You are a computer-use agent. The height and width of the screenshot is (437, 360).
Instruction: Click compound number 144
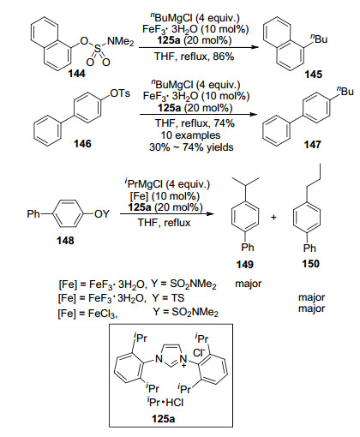point(76,74)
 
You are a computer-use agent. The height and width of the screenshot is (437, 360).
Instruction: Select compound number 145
point(313,75)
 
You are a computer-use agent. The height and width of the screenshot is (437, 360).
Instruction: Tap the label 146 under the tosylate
point(82,143)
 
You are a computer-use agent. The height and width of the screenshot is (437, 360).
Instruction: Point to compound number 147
point(312,144)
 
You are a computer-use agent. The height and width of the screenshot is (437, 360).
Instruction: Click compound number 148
point(65,241)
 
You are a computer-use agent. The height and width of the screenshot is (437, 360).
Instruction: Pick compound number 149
point(245,265)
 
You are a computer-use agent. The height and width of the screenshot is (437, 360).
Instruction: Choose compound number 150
point(310,263)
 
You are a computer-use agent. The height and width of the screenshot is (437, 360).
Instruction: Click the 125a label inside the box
point(164,419)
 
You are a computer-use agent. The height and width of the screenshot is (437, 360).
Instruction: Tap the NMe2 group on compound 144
point(120,42)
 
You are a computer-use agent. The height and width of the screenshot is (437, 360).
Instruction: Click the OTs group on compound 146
point(120,93)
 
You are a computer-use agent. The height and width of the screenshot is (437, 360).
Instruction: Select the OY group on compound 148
point(102,214)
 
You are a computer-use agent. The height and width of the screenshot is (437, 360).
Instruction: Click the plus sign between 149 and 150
point(273,218)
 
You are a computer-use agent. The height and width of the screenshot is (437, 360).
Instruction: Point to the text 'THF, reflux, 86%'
point(195,57)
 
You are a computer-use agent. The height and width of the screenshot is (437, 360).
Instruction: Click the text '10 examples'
point(190,135)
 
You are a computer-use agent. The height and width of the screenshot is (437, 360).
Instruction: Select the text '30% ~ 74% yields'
point(191,147)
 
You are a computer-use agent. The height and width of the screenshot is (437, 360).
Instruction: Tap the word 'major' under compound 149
point(249,284)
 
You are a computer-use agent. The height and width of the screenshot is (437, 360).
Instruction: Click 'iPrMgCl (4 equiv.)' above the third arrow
point(167,183)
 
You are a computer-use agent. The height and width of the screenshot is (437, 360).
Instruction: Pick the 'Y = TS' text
point(168,298)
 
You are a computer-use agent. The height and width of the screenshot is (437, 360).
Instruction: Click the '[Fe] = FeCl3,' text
point(87,314)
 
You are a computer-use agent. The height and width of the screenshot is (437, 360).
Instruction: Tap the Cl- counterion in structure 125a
point(199,352)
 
